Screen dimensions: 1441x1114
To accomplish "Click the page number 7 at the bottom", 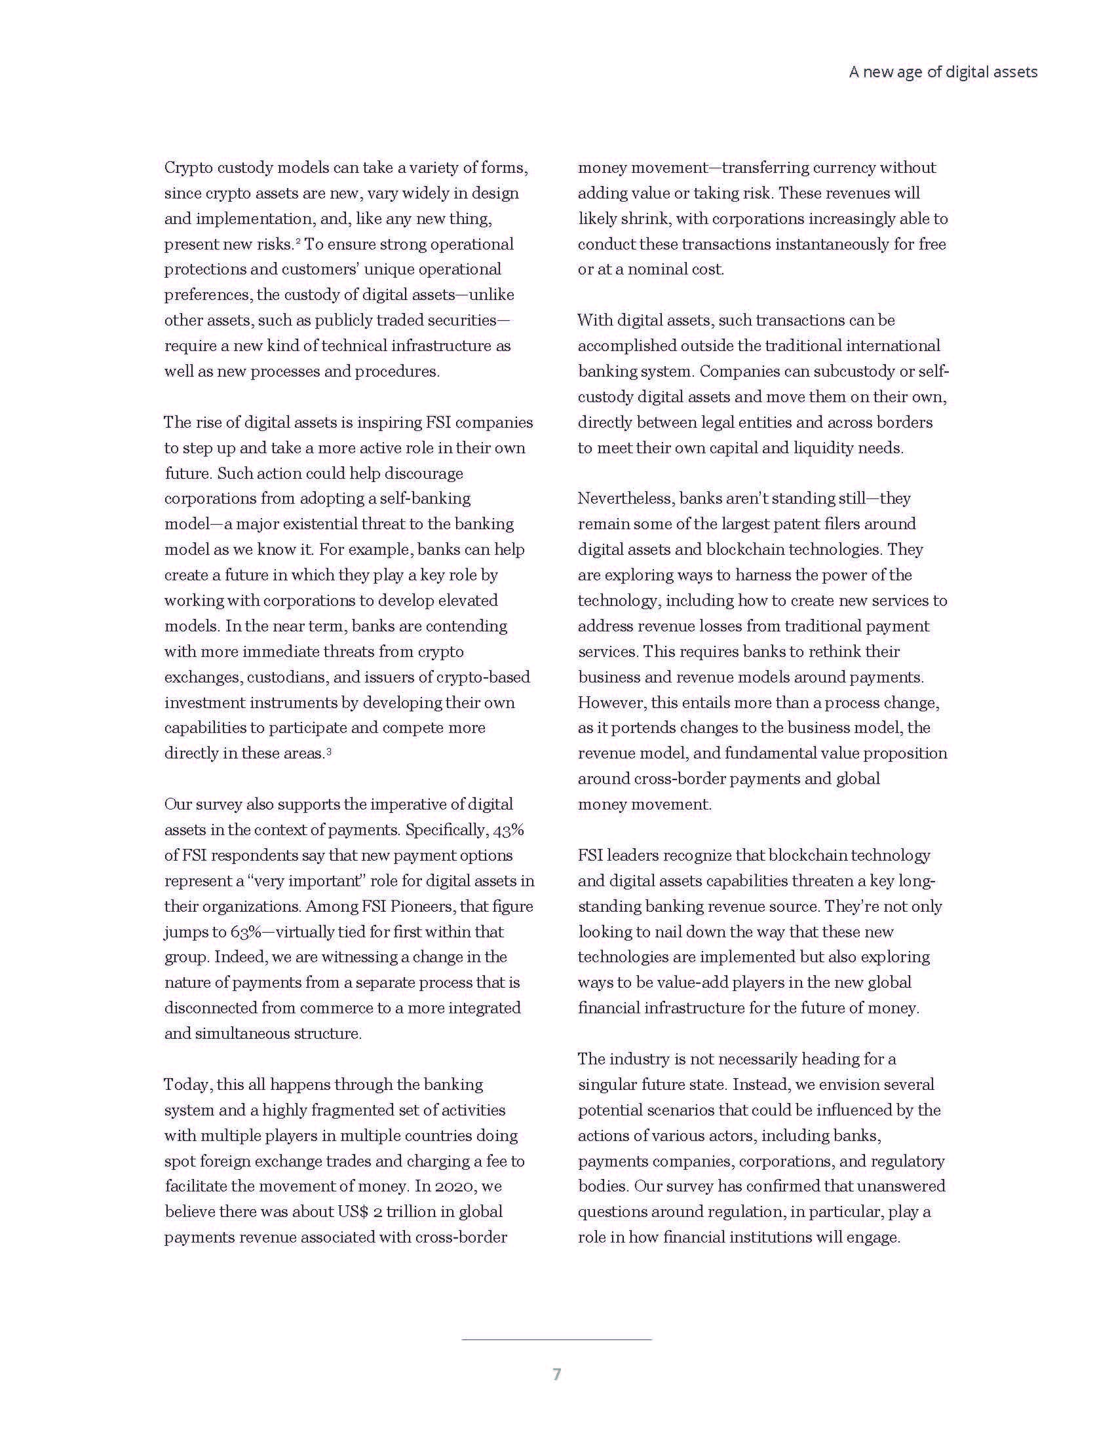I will point(556,1374).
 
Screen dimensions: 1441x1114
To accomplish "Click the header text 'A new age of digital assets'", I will point(942,72).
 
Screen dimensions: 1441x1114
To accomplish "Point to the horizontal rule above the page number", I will point(556,1339).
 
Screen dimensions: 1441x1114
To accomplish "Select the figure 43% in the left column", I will point(508,829).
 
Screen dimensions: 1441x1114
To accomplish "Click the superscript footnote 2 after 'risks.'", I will point(298,242).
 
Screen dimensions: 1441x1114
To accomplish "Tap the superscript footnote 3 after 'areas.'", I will point(329,751).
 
